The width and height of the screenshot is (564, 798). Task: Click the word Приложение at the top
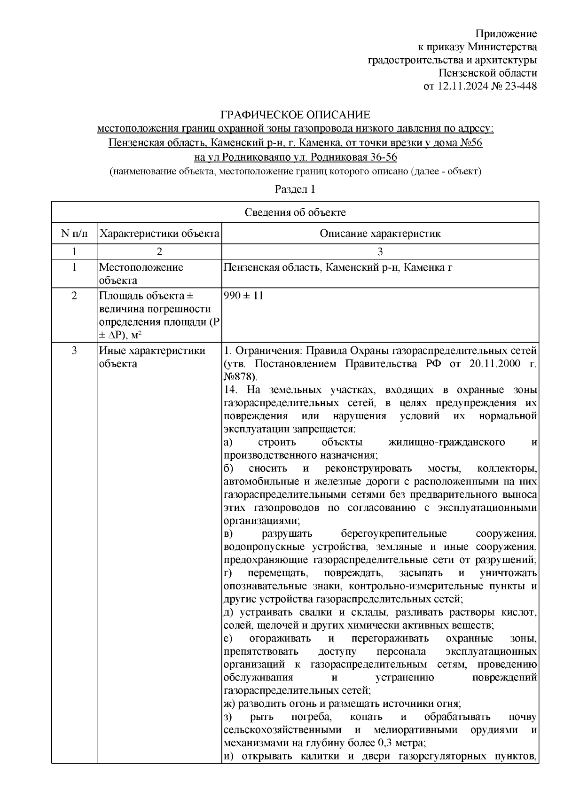506,34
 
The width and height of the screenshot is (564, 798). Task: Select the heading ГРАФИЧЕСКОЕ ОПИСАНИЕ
296,115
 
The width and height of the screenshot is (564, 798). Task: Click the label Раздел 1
295,189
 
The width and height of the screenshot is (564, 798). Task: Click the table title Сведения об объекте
295,212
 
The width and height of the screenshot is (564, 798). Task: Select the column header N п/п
74,234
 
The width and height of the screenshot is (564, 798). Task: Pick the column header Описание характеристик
380,234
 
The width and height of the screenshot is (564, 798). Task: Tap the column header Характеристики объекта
160,234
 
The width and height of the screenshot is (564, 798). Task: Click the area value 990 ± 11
244,296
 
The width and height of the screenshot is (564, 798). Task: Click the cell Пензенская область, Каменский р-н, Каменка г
338,268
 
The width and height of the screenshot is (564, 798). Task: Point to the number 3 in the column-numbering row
380,251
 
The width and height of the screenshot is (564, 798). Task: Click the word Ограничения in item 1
267,351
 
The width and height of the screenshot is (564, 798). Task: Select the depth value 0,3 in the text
384,756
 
